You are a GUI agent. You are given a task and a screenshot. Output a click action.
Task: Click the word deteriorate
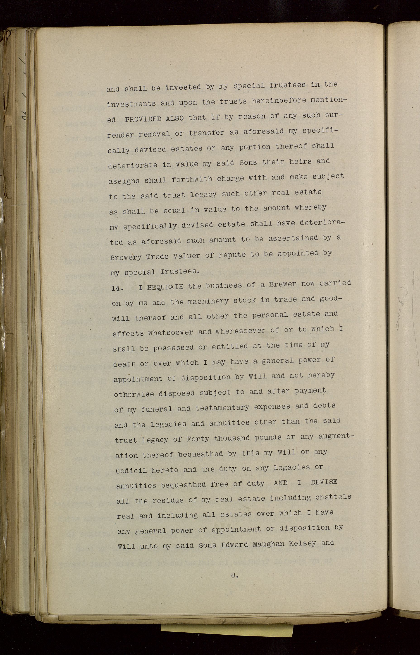133,165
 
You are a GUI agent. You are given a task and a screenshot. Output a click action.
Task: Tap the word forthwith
192,180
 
